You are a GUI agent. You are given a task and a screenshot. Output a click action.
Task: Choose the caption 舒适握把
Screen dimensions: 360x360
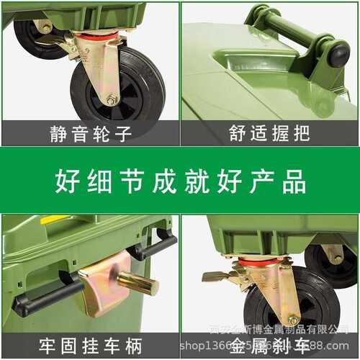(269, 133)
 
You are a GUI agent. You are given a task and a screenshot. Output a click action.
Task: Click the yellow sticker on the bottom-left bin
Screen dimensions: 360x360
(54, 220)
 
